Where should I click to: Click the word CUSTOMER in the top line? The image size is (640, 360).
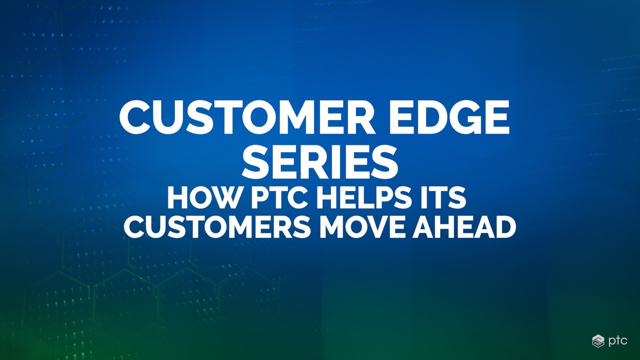[x=247, y=117]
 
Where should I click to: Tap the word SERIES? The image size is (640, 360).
[x=320, y=162]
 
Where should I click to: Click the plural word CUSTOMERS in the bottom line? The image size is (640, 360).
[x=217, y=227]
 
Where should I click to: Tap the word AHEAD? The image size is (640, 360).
[x=464, y=227]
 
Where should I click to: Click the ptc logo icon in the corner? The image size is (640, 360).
[x=598, y=340]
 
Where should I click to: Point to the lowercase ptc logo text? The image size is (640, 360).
[x=617, y=341]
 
